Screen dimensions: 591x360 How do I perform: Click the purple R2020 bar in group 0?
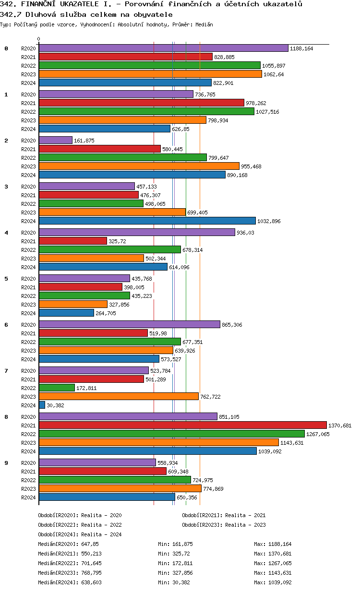point(163,48)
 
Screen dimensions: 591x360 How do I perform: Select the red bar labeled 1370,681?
point(182,425)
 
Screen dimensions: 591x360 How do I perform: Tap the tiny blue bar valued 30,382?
point(42,405)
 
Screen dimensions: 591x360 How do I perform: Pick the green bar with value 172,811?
point(57,388)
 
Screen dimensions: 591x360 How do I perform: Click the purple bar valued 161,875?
point(55,140)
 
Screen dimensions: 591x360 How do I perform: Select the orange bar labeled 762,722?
point(119,396)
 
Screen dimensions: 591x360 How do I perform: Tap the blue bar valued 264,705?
point(66,313)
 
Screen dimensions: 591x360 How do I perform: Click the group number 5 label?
point(6,279)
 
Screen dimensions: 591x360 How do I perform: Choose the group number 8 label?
point(6,417)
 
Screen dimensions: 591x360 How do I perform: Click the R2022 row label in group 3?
point(28,204)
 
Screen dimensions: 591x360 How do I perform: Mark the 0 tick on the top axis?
point(39,39)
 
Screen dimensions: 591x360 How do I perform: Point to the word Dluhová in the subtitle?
point(36,14)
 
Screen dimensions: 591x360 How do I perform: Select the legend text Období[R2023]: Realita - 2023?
point(224,525)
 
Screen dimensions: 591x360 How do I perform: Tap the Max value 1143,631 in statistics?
point(273,573)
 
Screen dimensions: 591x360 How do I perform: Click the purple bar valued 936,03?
point(137,232)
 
